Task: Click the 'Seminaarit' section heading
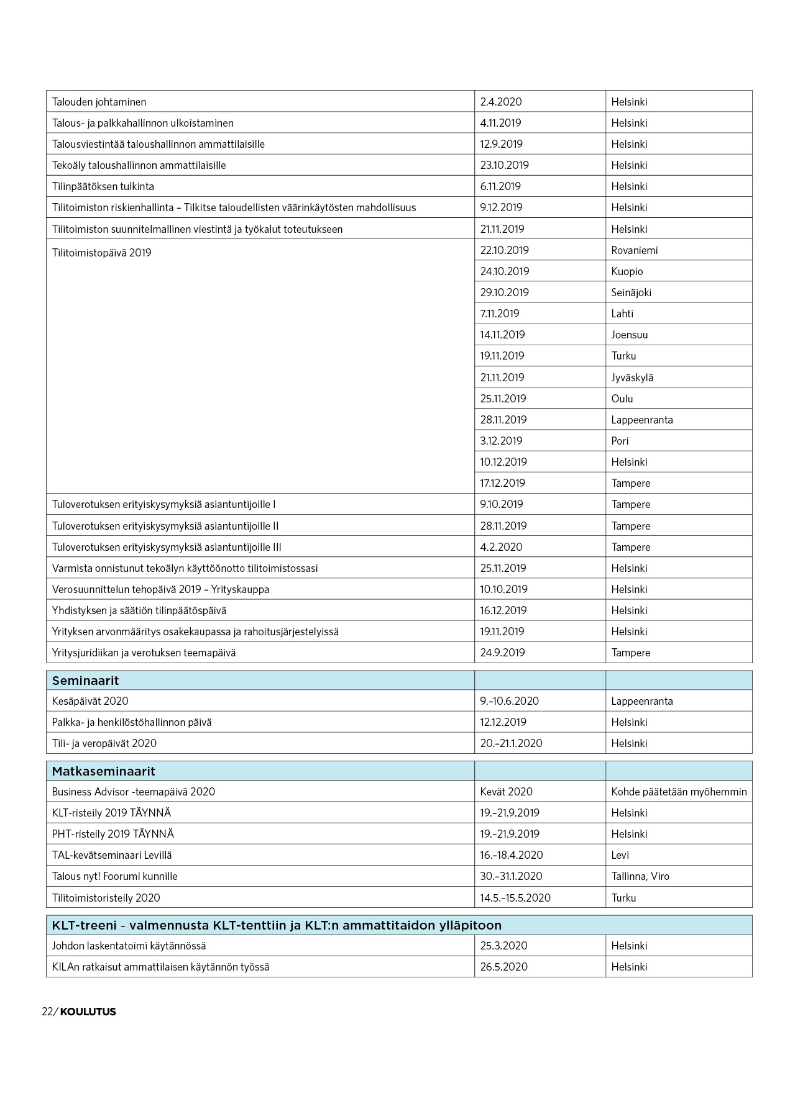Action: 85,681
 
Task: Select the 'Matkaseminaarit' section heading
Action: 103,771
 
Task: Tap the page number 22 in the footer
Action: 47,1012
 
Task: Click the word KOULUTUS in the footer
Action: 88,1012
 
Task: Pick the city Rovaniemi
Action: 634,250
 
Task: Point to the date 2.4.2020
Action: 500,102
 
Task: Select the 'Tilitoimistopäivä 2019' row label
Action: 101,253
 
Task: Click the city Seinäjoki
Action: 631,292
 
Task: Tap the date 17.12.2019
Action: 502,483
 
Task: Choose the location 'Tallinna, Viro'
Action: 640,876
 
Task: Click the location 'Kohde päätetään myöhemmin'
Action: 679,792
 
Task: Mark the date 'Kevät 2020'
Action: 506,792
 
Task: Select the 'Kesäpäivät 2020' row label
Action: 90,701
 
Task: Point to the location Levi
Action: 620,855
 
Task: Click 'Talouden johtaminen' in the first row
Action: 99,102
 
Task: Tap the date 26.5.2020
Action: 503,967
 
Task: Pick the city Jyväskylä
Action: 632,378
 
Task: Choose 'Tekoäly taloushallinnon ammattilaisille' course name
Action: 139,165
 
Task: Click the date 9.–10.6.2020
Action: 509,701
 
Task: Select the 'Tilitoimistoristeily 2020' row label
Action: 106,898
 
